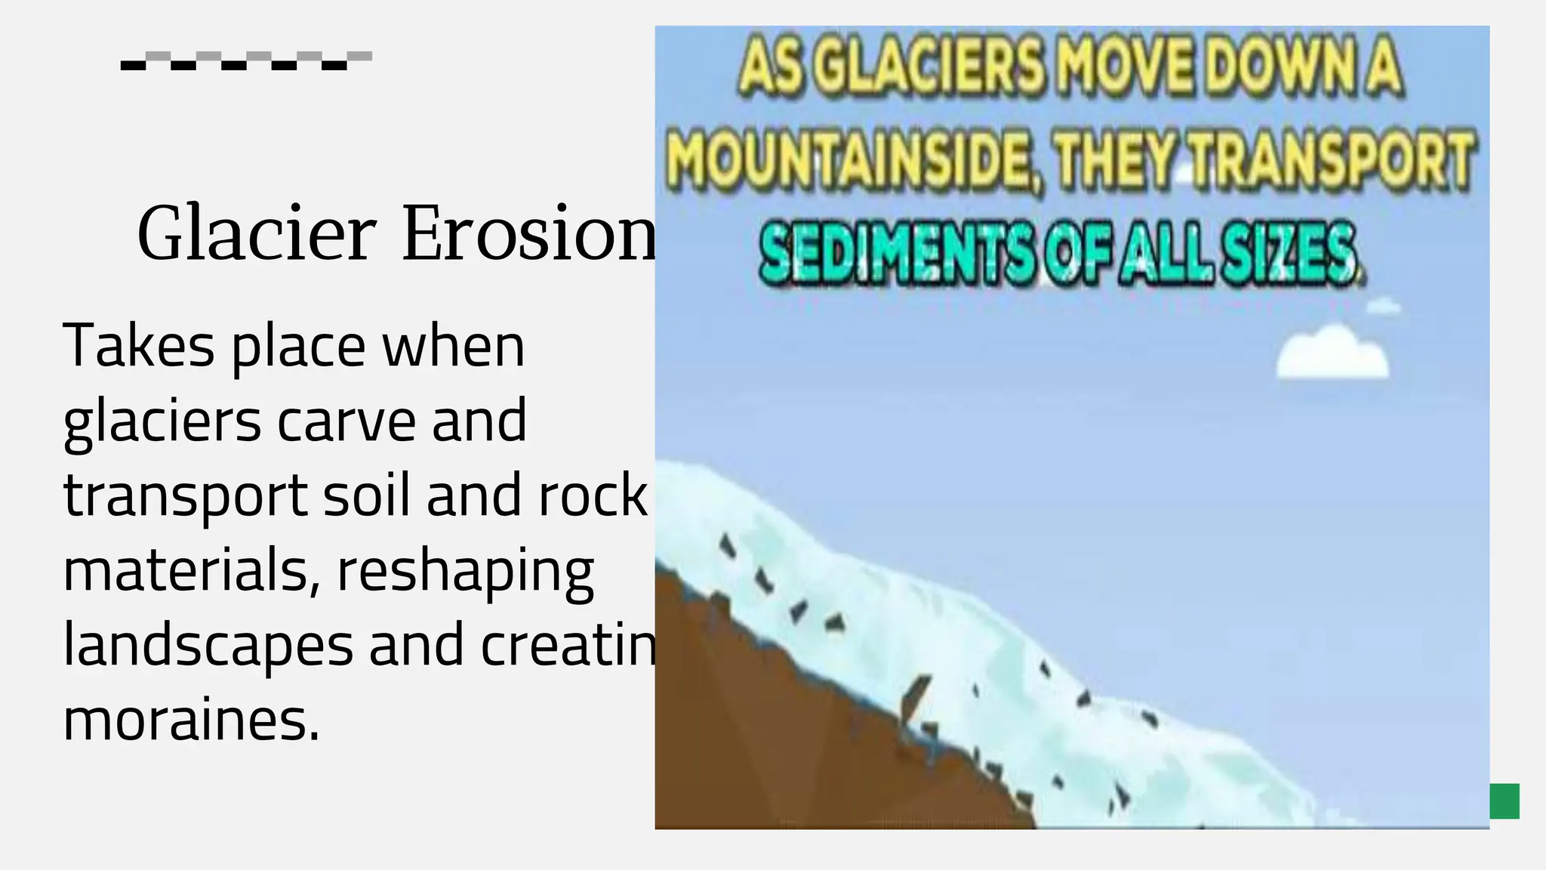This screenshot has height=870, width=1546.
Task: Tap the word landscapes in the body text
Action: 208,645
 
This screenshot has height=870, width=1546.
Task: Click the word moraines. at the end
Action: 192,720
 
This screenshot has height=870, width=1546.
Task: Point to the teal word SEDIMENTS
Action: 895,252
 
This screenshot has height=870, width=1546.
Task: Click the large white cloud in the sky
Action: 1332,353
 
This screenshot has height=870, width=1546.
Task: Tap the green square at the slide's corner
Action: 1504,801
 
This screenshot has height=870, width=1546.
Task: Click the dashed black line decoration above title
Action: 246,60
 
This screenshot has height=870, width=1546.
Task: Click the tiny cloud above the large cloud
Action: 1383,307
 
